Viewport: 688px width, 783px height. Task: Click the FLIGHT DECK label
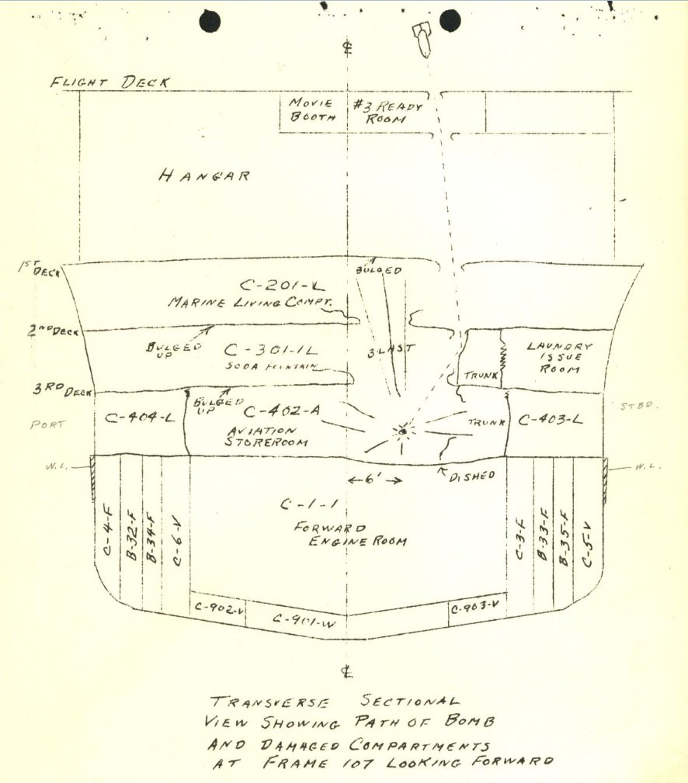tap(110, 82)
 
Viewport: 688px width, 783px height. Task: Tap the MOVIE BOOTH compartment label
tap(312, 111)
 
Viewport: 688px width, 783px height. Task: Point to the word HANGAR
tap(204, 176)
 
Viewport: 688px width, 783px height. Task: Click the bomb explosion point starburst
tap(403, 431)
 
